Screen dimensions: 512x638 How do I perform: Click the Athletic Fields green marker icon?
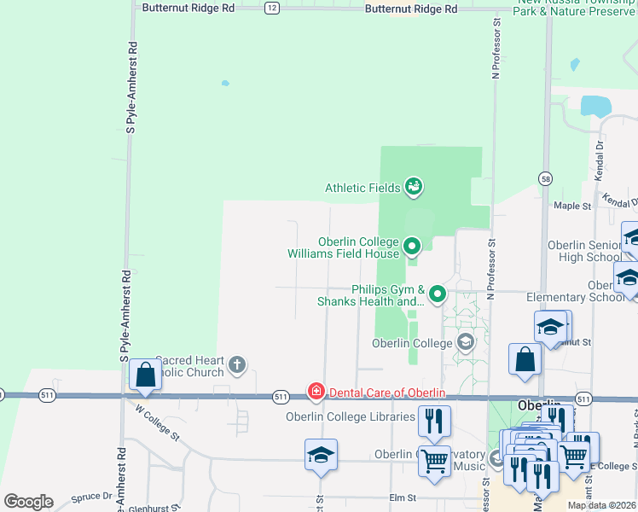point(414,186)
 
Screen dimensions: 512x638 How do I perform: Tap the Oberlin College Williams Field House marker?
point(412,247)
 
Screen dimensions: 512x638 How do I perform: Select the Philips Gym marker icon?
point(438,294)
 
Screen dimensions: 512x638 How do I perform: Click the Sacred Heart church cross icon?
point(237,367)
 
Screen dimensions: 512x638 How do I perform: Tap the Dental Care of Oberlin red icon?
point(316,392)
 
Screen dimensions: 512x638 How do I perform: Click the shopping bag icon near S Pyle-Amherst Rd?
point(145,374)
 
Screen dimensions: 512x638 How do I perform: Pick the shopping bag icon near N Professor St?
point(525,359)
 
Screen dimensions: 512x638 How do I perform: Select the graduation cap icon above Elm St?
point(321,455)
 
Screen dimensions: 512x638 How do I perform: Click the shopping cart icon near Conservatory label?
point(435,462)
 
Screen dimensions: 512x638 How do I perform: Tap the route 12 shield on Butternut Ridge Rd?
point(271,8)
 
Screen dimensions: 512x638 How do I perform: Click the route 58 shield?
point(546,177)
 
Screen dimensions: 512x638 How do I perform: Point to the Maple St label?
point(571,206)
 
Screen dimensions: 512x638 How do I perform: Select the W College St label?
point(157,422)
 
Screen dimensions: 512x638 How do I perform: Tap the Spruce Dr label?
point(94,495)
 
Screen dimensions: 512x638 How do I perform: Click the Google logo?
point(28,502)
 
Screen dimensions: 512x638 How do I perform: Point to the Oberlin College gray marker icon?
point(466,343)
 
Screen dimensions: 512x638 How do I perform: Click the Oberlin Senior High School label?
point(584,251)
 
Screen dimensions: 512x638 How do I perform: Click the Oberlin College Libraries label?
point(352,416)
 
